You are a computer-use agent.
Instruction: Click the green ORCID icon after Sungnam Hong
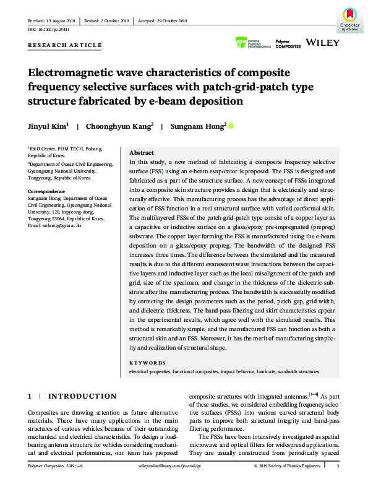(232, 126)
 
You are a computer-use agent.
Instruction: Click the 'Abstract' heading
(141, 152)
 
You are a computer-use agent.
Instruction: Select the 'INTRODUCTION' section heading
(82, 396)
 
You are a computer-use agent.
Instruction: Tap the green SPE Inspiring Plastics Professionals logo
(254, 43)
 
